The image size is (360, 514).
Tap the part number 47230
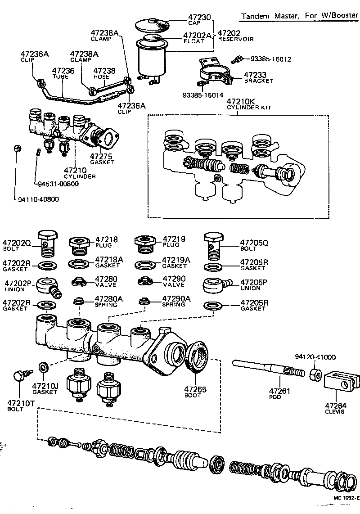199,17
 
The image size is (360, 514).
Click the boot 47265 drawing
197,358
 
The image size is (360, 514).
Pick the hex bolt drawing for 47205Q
215,243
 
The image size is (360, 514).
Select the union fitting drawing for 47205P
216,284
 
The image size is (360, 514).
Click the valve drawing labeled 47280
80,282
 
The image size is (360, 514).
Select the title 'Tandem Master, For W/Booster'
300,16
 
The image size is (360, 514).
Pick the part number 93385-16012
270,59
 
